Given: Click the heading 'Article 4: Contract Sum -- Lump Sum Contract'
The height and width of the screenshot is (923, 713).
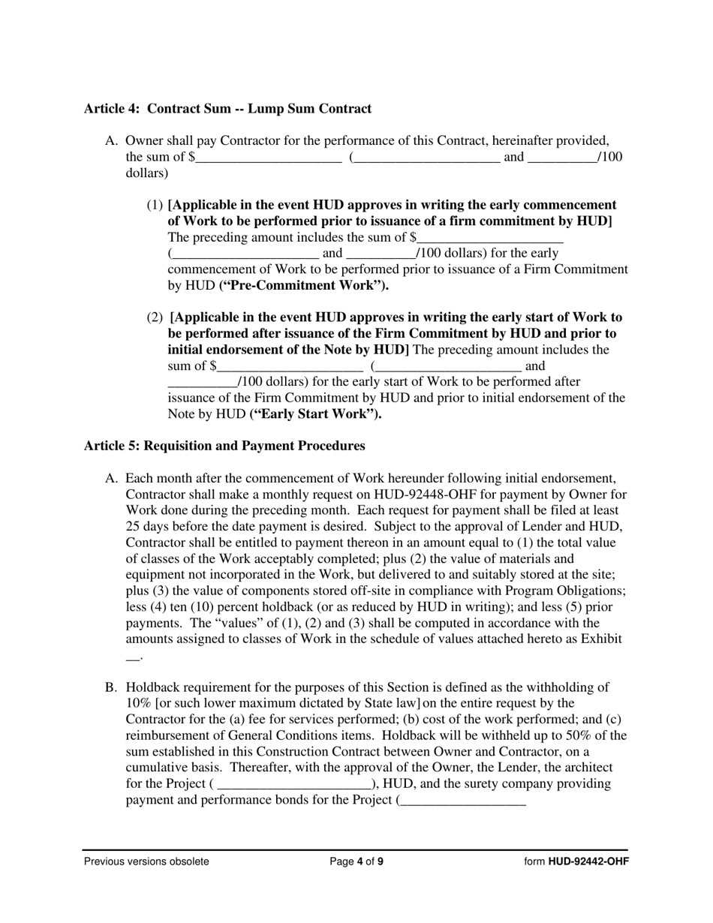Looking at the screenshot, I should (x=227, y=109).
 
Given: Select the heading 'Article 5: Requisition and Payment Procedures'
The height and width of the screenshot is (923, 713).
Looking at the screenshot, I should (x=224, y=446).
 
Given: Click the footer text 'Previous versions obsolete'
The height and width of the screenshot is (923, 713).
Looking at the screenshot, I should (x=146, y=861).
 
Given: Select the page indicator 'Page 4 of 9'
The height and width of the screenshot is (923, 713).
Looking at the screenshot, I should (x=356, y=861).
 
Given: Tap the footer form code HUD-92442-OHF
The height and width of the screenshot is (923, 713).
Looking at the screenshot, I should (x=588, y=861).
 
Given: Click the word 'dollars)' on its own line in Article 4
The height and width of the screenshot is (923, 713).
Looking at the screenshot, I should (x=147, y=173).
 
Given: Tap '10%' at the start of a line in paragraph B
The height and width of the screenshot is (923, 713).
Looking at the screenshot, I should (x=138, y=703).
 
